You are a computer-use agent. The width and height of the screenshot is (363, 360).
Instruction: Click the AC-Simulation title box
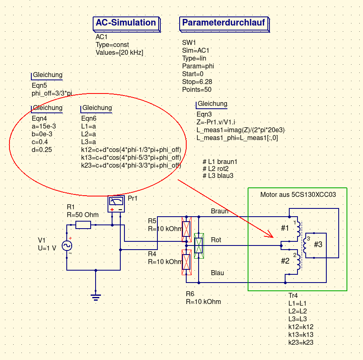126,24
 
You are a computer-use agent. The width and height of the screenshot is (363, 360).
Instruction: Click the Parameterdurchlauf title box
224,24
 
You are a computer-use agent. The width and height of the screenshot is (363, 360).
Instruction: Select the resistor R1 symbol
83,225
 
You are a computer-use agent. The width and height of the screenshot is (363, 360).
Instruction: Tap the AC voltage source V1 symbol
67,246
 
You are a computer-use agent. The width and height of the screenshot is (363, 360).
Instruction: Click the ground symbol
96,297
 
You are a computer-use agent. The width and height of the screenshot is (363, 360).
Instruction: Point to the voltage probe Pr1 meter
116,204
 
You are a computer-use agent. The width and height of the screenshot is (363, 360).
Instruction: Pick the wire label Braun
220,211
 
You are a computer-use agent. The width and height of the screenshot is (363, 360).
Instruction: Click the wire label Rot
216,240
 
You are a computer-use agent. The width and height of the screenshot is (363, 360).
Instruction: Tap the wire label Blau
218,273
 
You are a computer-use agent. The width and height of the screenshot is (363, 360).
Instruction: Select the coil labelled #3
305,245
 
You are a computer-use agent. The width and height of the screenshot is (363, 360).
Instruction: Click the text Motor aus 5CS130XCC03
298,194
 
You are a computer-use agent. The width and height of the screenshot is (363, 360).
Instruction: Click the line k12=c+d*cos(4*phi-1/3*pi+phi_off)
131,150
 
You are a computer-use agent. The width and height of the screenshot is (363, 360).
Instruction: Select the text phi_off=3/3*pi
52,94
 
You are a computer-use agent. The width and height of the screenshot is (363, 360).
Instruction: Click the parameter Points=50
197,89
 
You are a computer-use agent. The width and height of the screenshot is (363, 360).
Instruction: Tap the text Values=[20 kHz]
119,53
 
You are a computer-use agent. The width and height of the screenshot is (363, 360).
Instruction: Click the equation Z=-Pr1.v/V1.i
216,122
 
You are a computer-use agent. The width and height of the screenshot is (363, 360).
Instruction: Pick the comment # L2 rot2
215,168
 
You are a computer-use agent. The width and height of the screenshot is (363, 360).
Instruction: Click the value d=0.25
42,150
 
